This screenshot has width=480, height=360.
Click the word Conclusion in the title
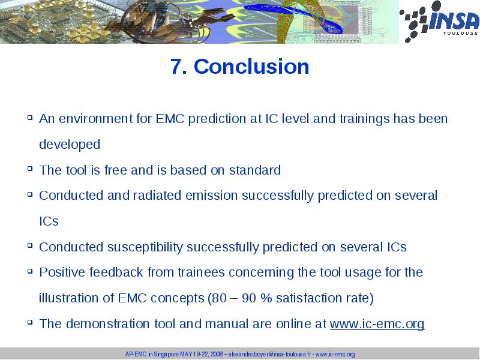251,67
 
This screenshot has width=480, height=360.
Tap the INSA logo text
454,20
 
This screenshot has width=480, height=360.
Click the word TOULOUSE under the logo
460,33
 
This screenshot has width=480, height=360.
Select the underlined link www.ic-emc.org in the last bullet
377,324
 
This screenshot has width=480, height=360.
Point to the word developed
70,144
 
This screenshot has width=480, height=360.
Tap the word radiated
157,196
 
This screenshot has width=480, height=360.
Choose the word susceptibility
145,247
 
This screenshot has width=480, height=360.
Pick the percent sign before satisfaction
266,298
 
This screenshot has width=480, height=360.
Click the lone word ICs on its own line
49,221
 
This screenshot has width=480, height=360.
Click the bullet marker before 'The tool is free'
29,168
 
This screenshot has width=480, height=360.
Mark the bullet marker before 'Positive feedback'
29,271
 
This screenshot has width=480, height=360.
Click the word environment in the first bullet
96,118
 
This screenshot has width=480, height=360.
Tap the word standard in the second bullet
255,170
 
